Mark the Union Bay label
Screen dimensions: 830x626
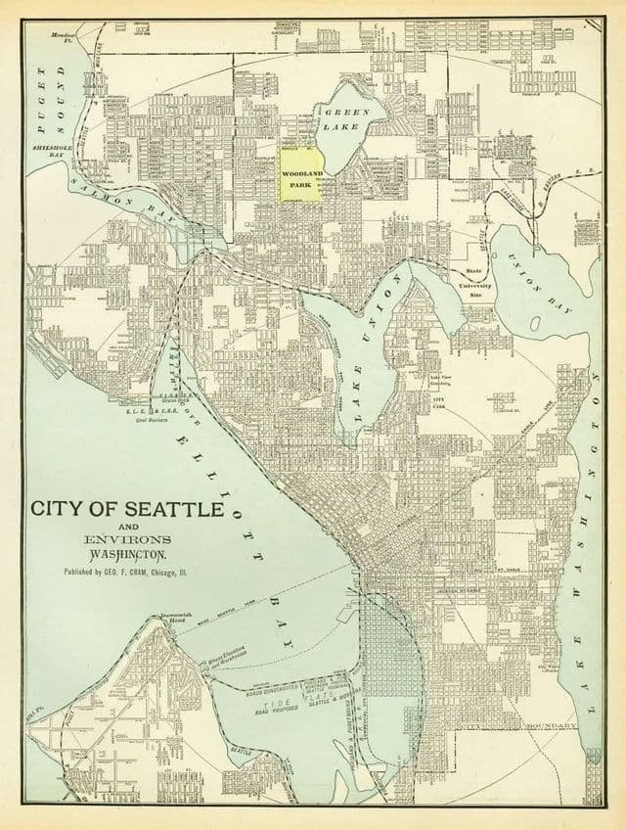tap(539, 280)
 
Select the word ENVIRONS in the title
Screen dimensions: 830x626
tap(112, 539)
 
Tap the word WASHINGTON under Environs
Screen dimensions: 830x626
tap(112, 554)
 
